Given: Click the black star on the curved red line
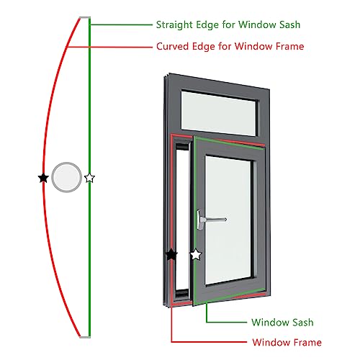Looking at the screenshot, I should (x=43, y=177).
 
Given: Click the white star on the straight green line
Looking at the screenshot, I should (x=89, y=177).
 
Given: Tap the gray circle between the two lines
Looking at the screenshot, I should (x=67, y=176).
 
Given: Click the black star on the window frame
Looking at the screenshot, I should (x=171, y=255).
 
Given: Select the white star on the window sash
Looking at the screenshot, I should (x=195, y=255).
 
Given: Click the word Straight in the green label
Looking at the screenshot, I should (x=175, y=24).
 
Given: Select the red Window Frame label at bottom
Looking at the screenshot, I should (x=287, y=342).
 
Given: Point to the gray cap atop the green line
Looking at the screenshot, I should (x=84, y=19).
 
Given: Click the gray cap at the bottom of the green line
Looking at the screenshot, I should (x=84, y=336).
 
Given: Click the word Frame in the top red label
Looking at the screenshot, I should (x=289, y=46).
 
